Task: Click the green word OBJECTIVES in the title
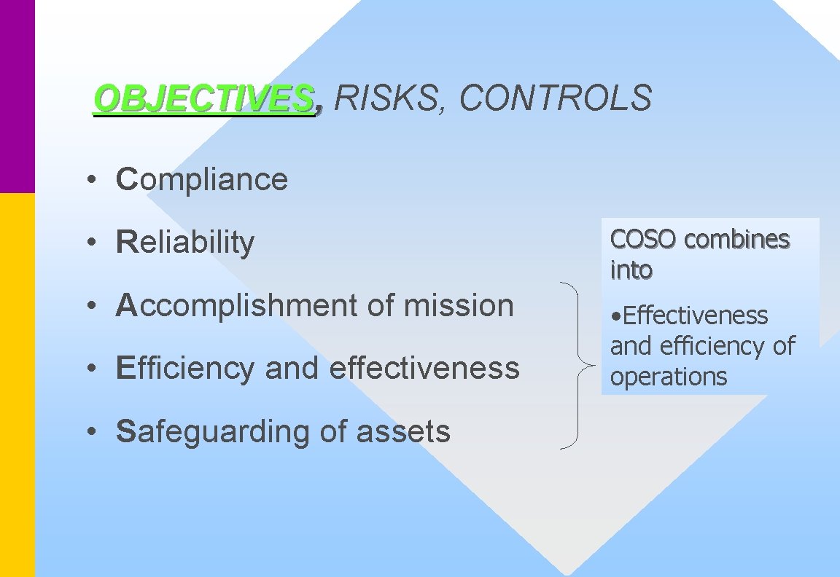point(203,98)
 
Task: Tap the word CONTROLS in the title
point(556,98)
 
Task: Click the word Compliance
point(202,180)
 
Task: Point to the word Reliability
point(185,243)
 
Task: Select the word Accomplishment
point(237,306)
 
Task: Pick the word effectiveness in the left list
point(424,368)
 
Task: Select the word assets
point(403,431)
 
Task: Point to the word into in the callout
point(631,270)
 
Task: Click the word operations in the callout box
point(669,377)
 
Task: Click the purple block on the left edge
point(17,95)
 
